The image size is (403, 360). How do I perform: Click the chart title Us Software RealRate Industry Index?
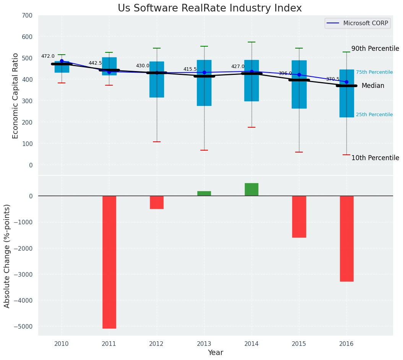[210, 8]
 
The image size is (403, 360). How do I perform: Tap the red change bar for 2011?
[109, 262]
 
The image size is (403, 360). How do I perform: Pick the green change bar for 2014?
[251, 190]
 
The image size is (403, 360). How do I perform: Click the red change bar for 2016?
[346, 238]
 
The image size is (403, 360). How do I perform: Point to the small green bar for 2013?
[204, 193]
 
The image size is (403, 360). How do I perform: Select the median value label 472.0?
[48, 57]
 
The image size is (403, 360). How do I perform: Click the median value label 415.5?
[190, 70]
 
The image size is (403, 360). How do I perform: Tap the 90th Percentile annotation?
[375, 49]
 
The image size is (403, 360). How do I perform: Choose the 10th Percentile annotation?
[375, 158]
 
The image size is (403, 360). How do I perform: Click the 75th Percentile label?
[374, 72]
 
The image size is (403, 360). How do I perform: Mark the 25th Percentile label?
[374, 115]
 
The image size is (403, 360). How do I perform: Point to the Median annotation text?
[373, 86]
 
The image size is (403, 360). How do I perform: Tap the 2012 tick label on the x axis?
[156, 344]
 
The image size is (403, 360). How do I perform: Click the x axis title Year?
[215, 353]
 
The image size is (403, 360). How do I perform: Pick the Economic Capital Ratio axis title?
[16, 96]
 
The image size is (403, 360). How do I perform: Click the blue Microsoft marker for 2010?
[62, 61]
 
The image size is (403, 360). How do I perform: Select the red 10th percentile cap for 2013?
[204, 150]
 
